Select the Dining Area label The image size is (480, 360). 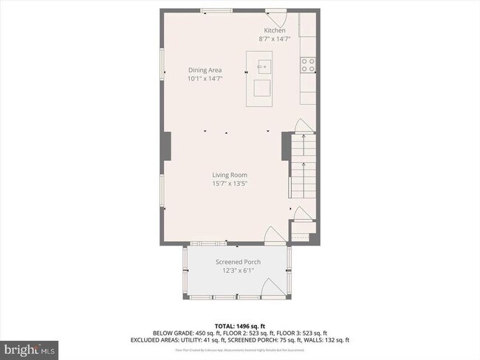pyautogui.click(x=205, y=70)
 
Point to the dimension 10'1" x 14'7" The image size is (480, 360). pyautogui.click(x=205, y=78)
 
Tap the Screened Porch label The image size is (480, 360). pyautogui.click(x=236, y=263)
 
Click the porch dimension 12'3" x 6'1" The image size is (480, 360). pyautogui.click(x=236, y=271)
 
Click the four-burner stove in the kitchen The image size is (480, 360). pyautogui.click(x=309, y=65)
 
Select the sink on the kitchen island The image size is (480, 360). pyautogui.click(x=262, y=65)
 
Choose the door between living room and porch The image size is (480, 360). pyautogui.click(x=271, y=235)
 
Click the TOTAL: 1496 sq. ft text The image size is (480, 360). pyautogui.click(x=240, y=325)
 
